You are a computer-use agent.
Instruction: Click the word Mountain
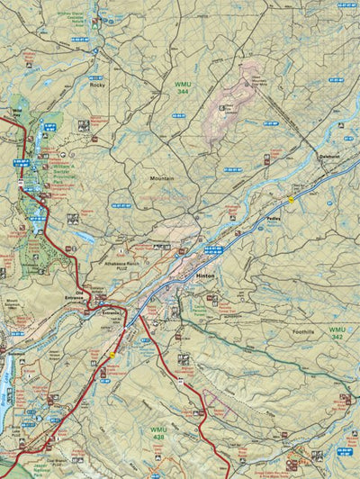point(162,178)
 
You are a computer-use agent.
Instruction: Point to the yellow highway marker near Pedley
point(291,197)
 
